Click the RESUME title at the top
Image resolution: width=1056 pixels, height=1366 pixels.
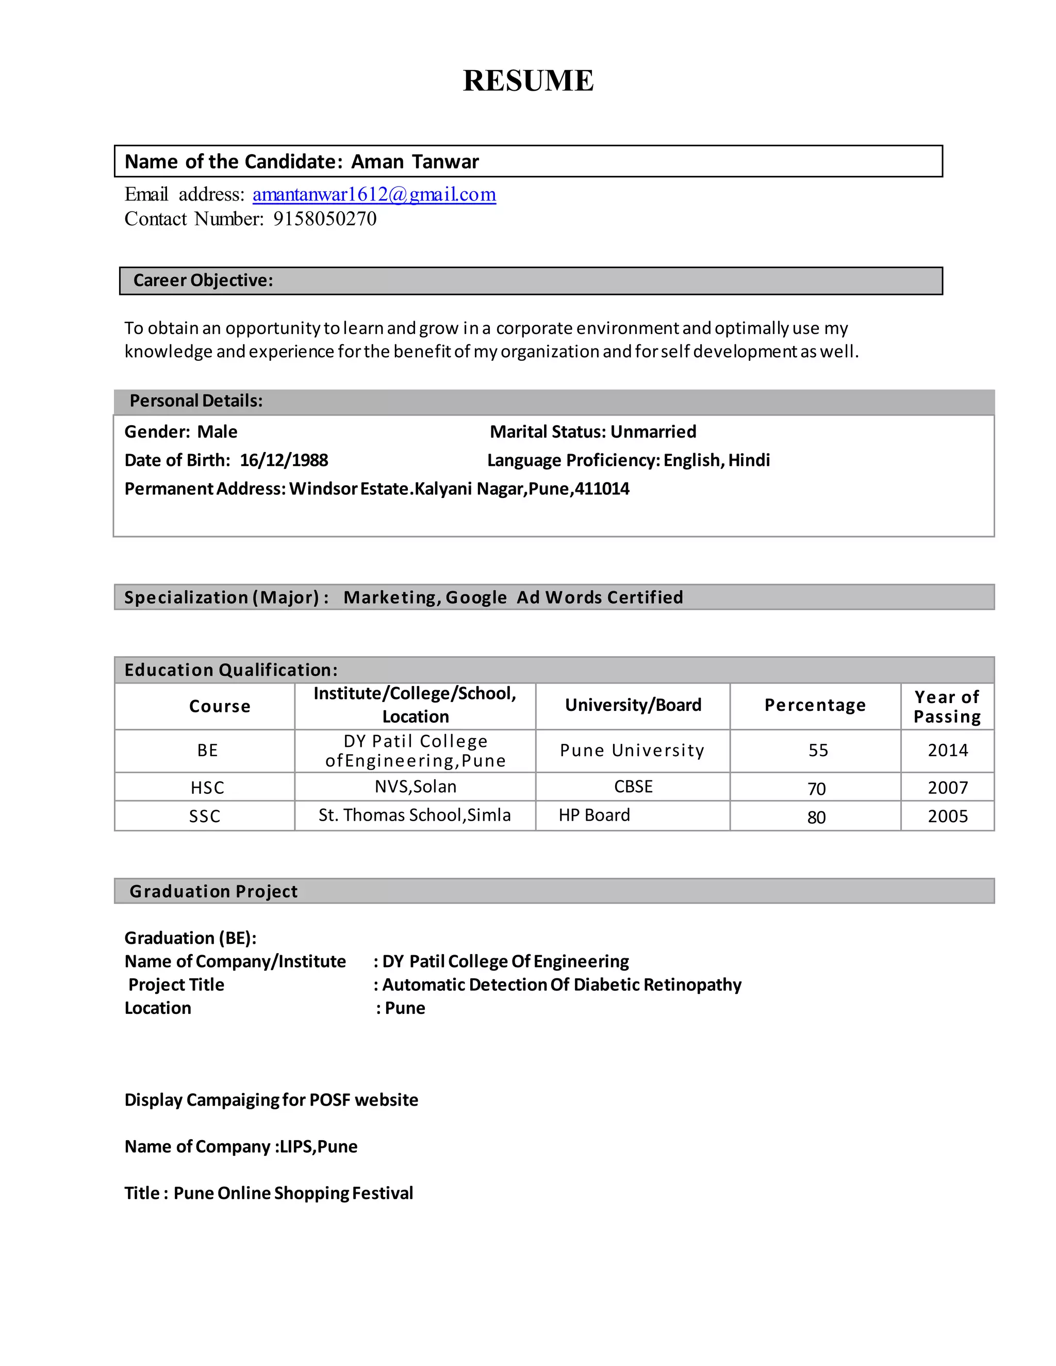(528, 81)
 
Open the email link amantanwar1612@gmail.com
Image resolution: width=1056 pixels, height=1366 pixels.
(374, 194)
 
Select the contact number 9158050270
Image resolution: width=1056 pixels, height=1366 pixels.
(325, 219)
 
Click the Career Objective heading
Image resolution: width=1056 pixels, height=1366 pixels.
(203, 280)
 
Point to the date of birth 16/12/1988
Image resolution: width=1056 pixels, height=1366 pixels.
(284, 460)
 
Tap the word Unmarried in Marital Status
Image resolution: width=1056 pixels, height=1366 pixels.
(653, 431)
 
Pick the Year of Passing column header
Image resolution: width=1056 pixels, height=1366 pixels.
(947, 707)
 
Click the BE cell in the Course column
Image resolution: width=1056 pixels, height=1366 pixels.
(208, 751)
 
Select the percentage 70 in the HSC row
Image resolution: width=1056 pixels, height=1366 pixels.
(816, 789)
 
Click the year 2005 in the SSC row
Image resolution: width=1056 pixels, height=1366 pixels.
(947, 816)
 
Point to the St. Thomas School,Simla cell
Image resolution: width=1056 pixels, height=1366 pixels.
(414, 815)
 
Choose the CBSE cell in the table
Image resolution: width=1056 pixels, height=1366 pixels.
(633, 787)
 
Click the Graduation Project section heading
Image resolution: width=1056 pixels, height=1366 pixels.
(213, 891)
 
